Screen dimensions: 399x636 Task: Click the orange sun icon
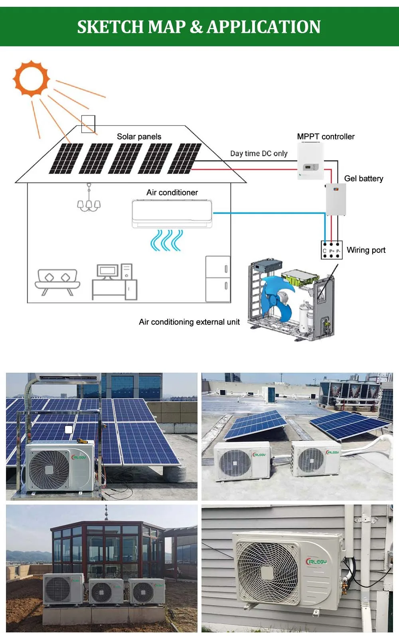(x=31, y=78)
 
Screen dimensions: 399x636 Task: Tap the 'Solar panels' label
(x=139, y=137)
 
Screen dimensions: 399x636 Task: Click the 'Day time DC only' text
(x=259, y=153)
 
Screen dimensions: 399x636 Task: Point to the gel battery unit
(x=336, y=199)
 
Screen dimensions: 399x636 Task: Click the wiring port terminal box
(x=332, y=250)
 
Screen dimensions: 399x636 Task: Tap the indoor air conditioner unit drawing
(x=172, y=214)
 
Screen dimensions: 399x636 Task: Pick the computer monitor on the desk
(x=108, y=272)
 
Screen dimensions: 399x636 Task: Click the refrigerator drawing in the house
(x=218, y=278)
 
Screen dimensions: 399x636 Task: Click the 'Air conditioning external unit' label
(x=189, y=322)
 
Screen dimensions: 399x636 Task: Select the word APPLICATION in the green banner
(x=263, y=27)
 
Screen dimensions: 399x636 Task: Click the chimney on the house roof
(x=88, y=123)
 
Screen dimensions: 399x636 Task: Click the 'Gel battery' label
(x=363, y=179)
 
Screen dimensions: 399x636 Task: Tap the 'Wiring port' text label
(x=366, y=250)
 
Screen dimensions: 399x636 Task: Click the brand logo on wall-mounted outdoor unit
(x=316, y=561)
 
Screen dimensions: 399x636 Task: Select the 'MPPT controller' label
(x=326, y=137)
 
